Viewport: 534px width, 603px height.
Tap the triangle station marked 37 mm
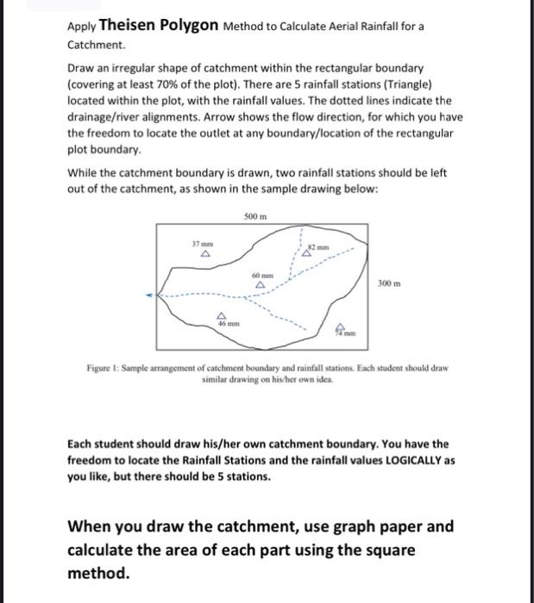(204, 255)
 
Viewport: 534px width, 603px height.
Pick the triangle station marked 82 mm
(306, 254)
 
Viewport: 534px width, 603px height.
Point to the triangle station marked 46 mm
(222, 315)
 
